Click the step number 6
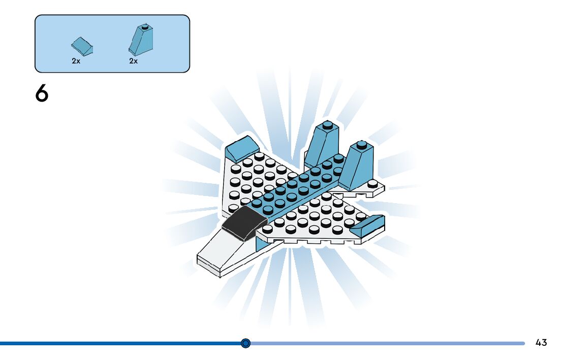pos(42,94)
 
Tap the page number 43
pos(541,343)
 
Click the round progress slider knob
pos(245,343)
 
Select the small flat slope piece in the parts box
pos(82,47)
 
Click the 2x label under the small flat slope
pos(76,60)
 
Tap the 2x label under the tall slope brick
pos(133,60)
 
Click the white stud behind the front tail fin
pos(373,183)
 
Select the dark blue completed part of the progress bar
pos(122,343)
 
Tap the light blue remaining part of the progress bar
pos(386,343)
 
